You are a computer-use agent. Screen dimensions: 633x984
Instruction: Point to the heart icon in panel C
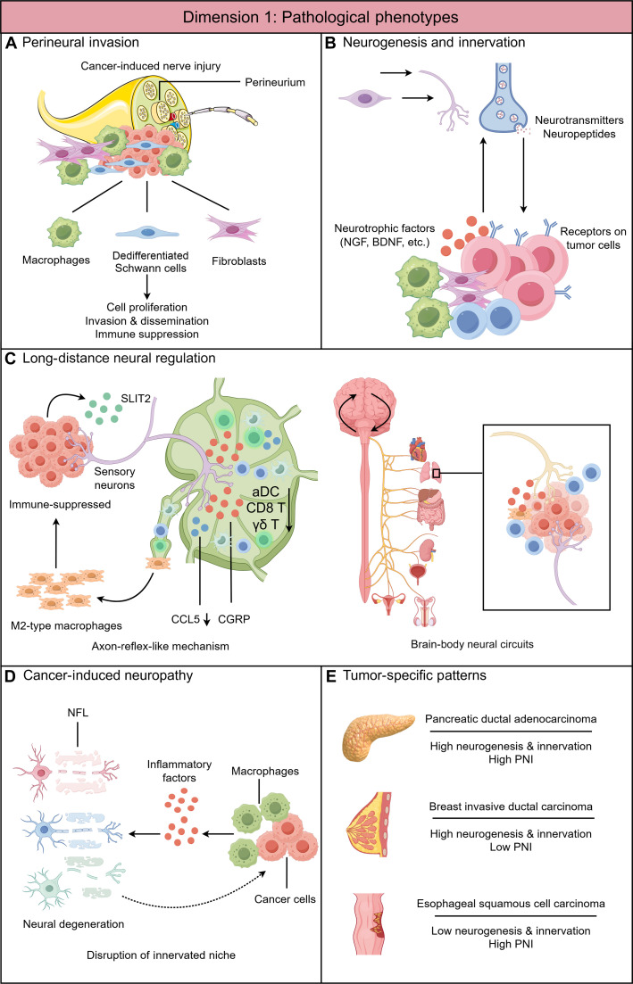pos(418,450)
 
